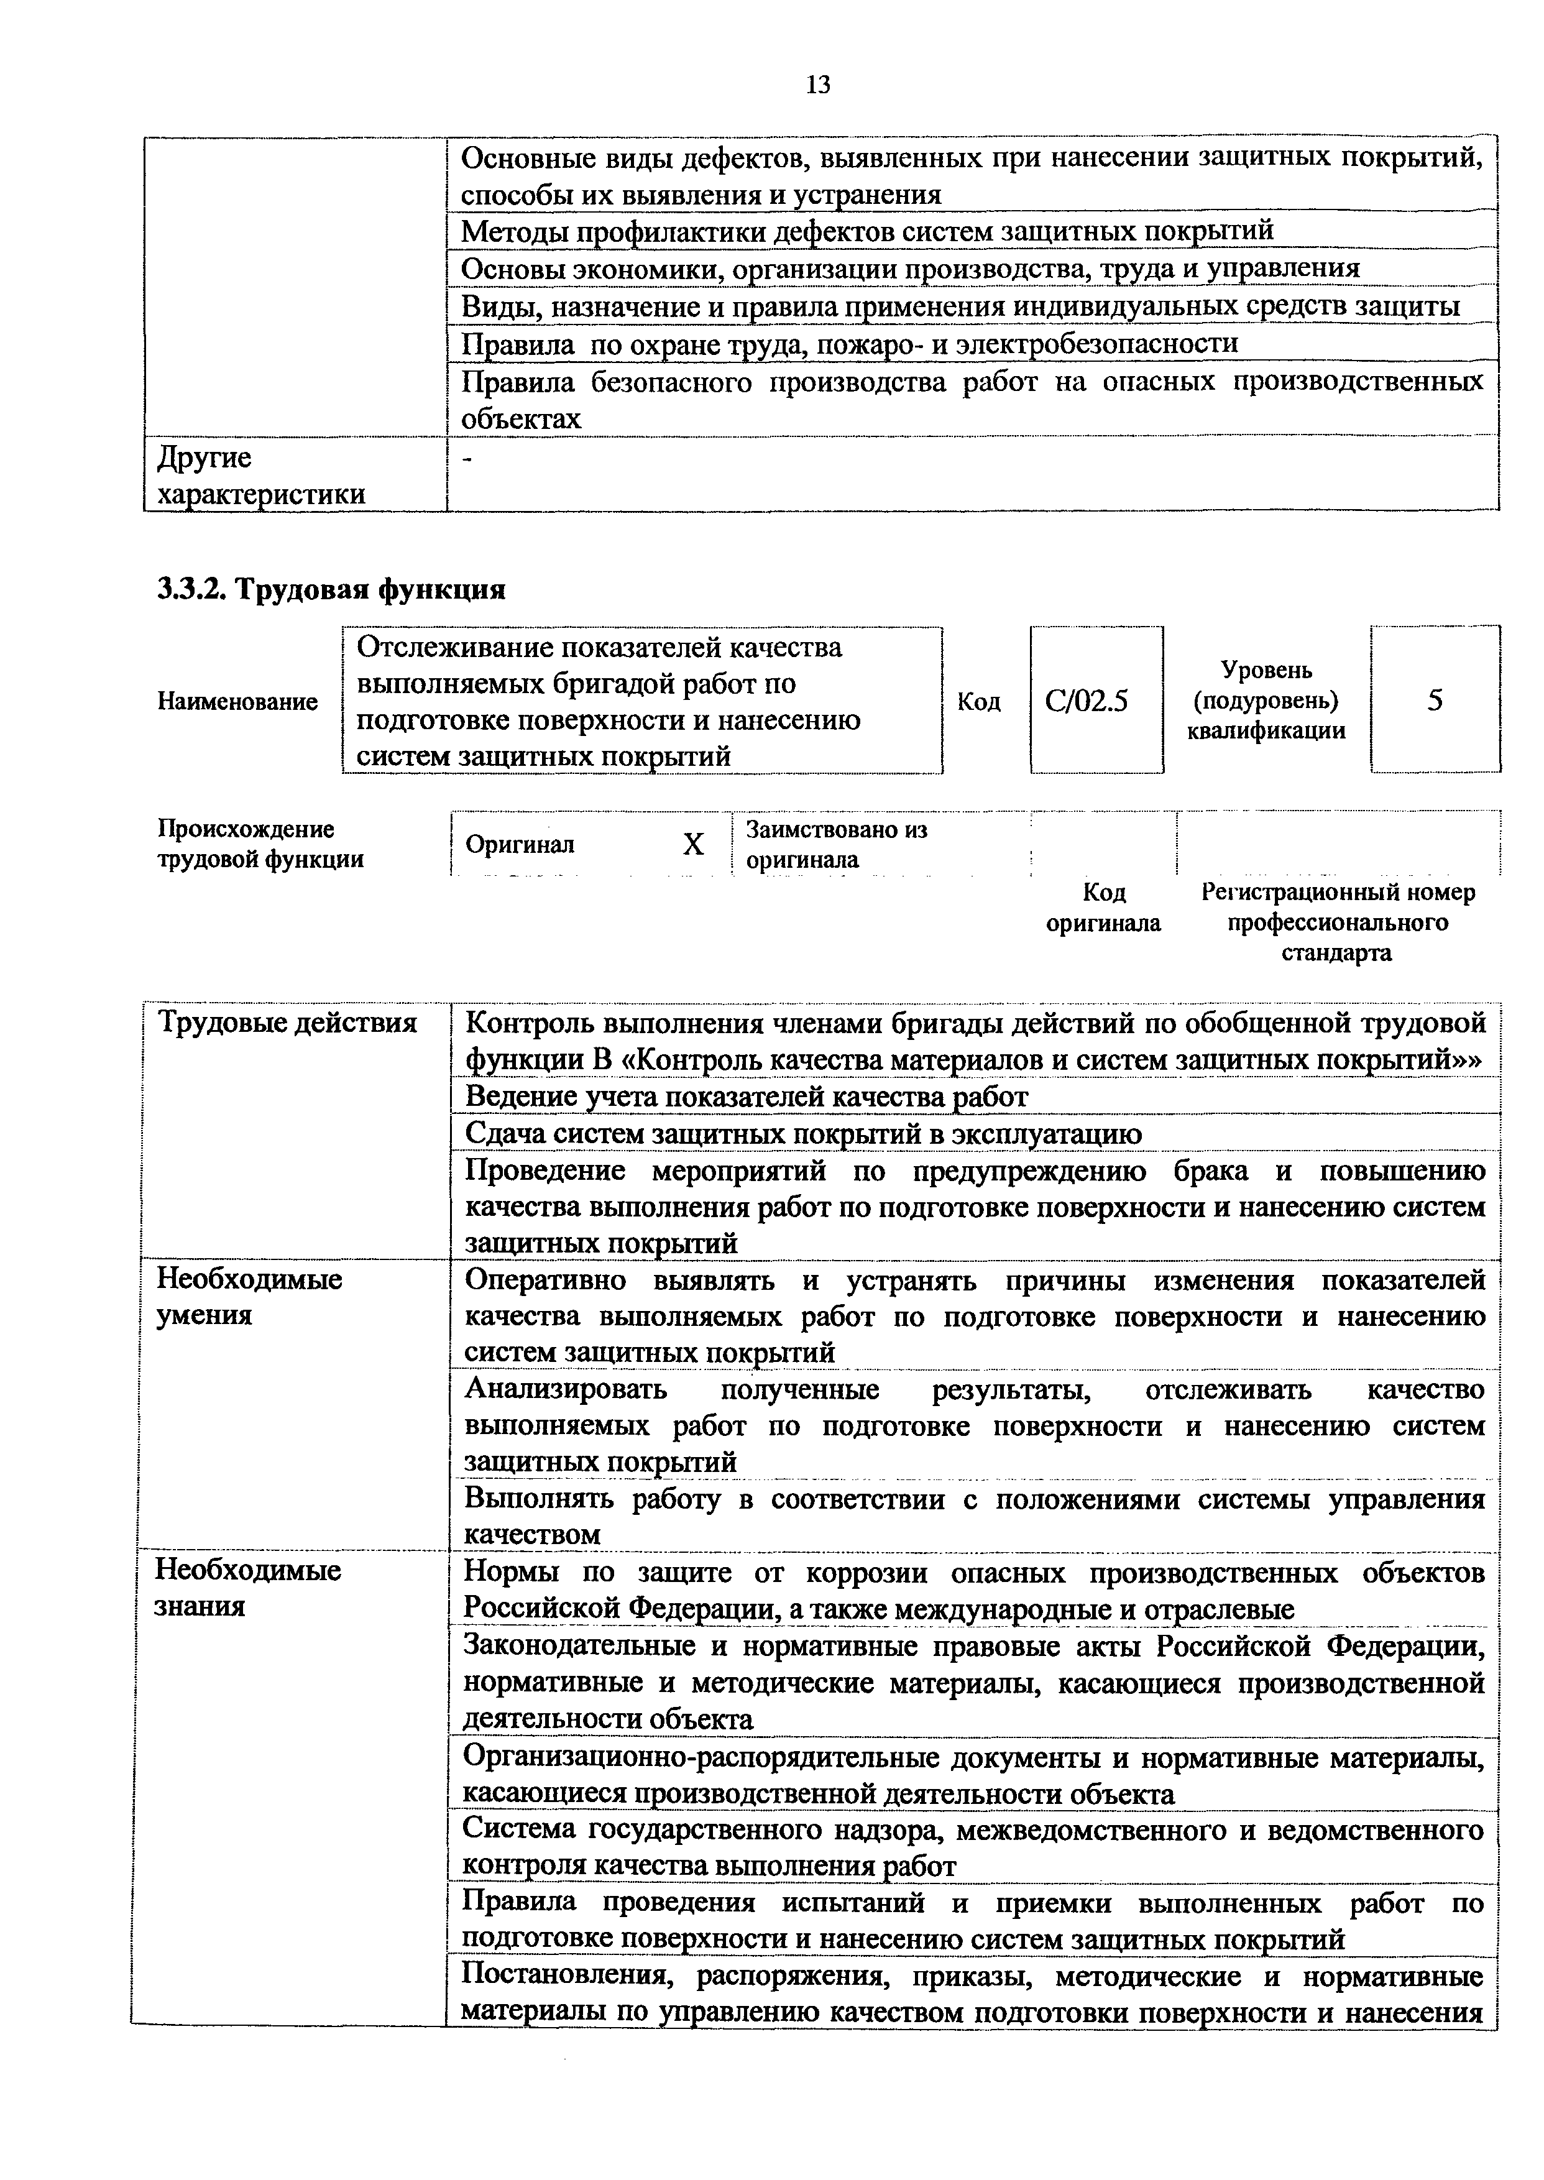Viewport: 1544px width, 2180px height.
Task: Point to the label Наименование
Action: pyautogui.click(x=237, y=702)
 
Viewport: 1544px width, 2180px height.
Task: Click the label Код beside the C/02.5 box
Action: pyautogui.click(x=978, y=702)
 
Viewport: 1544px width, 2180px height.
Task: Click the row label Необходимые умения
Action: pyautogui.click(x=249, y=1297)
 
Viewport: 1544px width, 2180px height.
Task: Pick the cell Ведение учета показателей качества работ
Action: pyautogui.click(x=747, y=1097)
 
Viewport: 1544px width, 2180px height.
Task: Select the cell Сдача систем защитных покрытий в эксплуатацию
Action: pyautogui.click(x=803, y=1134)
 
